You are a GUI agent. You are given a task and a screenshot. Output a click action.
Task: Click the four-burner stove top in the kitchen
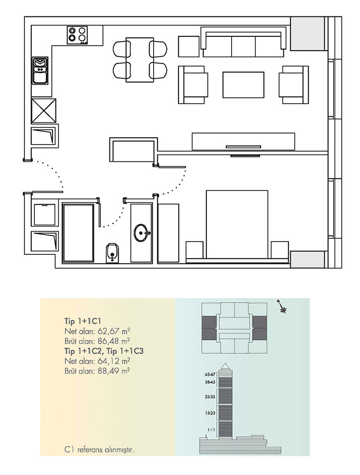tap(78, 35)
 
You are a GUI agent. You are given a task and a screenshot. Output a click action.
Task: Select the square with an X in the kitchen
tap(44, 111)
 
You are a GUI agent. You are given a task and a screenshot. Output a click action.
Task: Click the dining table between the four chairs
tap(139, 60)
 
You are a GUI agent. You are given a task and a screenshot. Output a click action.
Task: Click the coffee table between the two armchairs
tap(243, 85)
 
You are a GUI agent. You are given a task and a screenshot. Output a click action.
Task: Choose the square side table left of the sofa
tap(188, 46)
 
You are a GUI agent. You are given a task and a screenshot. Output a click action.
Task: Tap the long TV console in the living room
tap(243, 141)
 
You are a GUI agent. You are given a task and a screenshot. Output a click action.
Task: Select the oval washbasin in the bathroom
tap(142, 233)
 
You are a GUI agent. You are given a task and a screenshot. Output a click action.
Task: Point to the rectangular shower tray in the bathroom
tap(78, 233)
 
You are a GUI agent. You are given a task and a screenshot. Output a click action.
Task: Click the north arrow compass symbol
tap(282, 307)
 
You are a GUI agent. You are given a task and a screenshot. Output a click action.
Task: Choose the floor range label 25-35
tap(210, 396)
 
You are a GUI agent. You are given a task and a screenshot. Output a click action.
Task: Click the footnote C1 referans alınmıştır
tap(99, 450)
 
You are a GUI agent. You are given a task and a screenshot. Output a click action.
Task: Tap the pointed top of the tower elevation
tap(225, 363)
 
